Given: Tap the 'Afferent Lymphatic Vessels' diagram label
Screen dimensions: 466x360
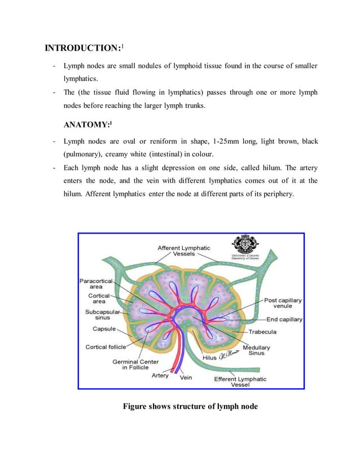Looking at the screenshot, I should tap(184, 250).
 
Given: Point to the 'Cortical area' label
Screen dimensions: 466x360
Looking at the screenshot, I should tap(99, 298).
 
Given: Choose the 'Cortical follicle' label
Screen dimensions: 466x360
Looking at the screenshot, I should tap(106, 347).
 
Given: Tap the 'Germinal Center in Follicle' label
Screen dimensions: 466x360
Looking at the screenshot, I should tap(135, 365).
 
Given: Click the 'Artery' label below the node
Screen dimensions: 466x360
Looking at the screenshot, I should tap(160, 376).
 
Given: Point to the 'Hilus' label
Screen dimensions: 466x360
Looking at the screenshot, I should tap(210, 358).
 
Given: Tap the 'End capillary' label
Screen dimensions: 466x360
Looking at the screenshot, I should tap(284, 319).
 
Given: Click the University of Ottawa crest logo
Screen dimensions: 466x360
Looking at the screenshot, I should tap(247, 244).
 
